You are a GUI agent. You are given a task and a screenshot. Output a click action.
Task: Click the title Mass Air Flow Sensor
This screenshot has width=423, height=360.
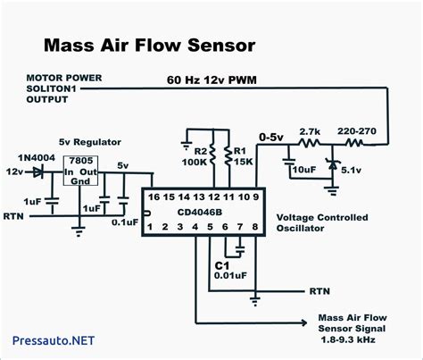[150, 44]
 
